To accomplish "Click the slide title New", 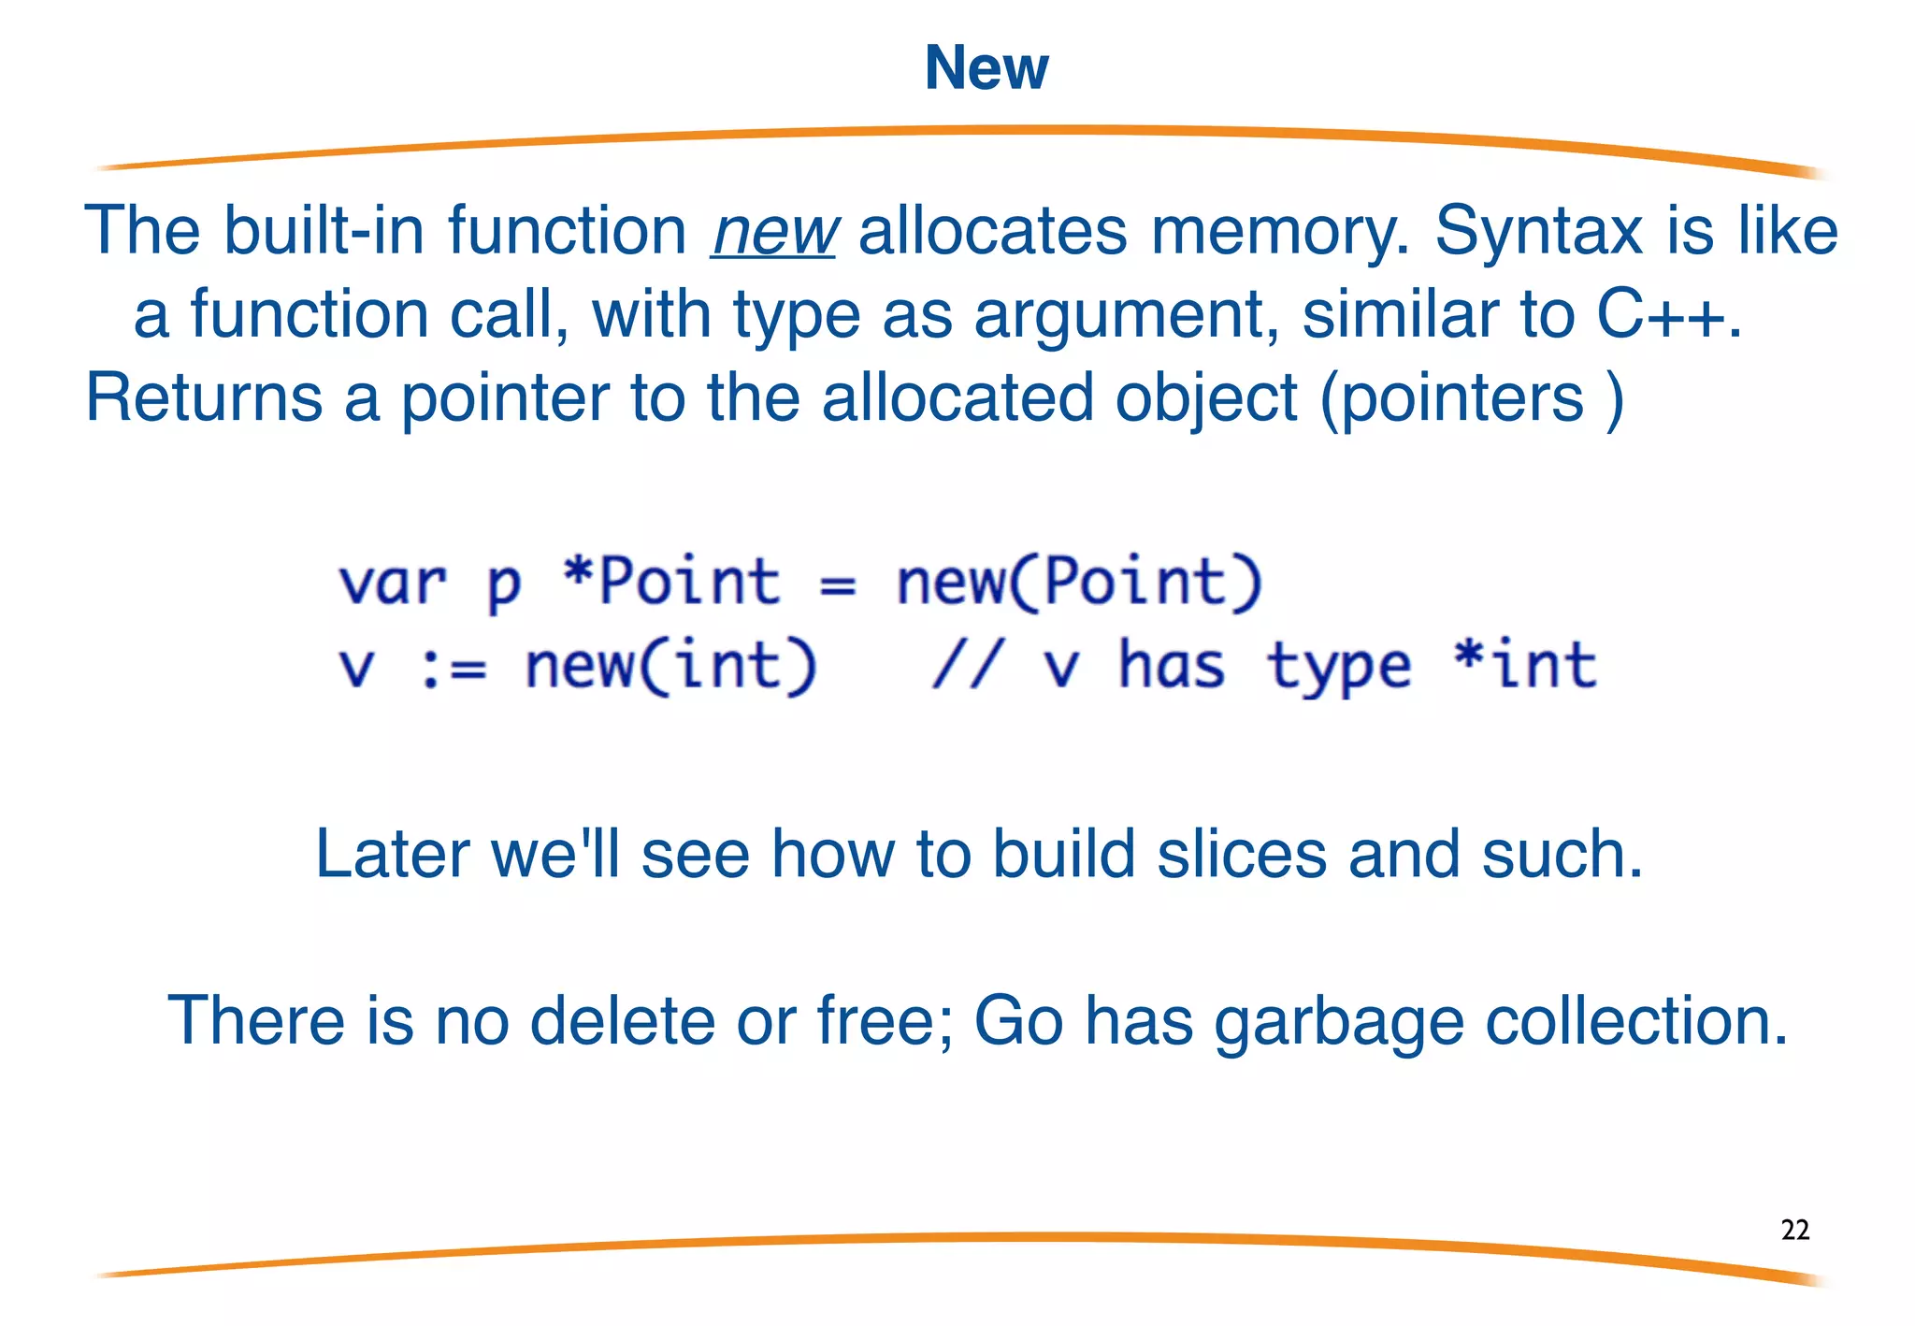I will click(986, 67).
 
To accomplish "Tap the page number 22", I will click(1794, 1230).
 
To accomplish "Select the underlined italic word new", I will click(773, 231).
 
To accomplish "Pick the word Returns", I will click(203, 397).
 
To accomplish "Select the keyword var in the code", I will click(392, 583).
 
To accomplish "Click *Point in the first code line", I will click(671, 581).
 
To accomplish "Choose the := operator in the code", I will click(454, 669).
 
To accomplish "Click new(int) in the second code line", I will click(670, 667).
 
